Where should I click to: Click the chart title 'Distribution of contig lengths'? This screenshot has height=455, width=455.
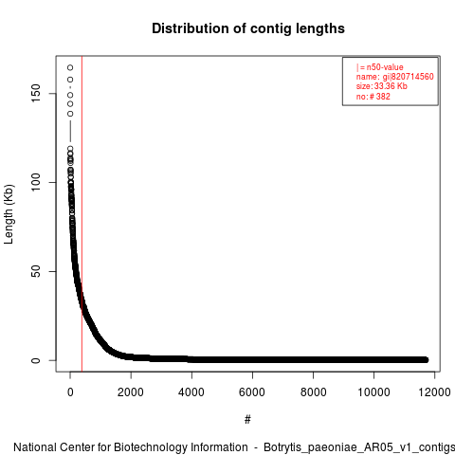click(248, 28)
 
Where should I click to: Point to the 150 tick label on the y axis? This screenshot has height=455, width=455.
click(36, 93)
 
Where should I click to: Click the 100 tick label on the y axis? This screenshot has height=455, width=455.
click(36, 182)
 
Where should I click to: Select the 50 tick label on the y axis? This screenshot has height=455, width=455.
click(36, 271)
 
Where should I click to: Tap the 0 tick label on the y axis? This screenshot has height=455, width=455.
click(36, 360)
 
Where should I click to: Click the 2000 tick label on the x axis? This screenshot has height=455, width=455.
click(131, 392)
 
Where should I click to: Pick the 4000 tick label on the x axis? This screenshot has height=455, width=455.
click(191, 392)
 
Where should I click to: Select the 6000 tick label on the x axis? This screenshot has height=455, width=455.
click(252, 392)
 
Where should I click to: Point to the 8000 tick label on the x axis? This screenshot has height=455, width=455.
click(313, 392)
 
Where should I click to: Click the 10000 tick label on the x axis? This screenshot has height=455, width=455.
click(373, 392)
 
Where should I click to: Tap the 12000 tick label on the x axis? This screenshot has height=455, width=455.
click(434, 392)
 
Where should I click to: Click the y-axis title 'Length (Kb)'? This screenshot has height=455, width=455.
click(9, 214)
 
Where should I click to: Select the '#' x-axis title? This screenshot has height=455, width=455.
click(247, 420)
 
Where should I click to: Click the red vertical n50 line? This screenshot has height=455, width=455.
click(82, 214)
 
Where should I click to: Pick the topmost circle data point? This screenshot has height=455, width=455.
click(70, 67)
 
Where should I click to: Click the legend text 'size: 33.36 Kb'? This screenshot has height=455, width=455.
click(382, 86)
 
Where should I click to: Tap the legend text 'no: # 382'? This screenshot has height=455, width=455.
click(373, 96)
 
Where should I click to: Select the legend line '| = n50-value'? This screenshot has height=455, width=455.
click(380, 67)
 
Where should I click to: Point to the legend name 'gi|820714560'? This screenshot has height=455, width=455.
click(409, 77)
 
